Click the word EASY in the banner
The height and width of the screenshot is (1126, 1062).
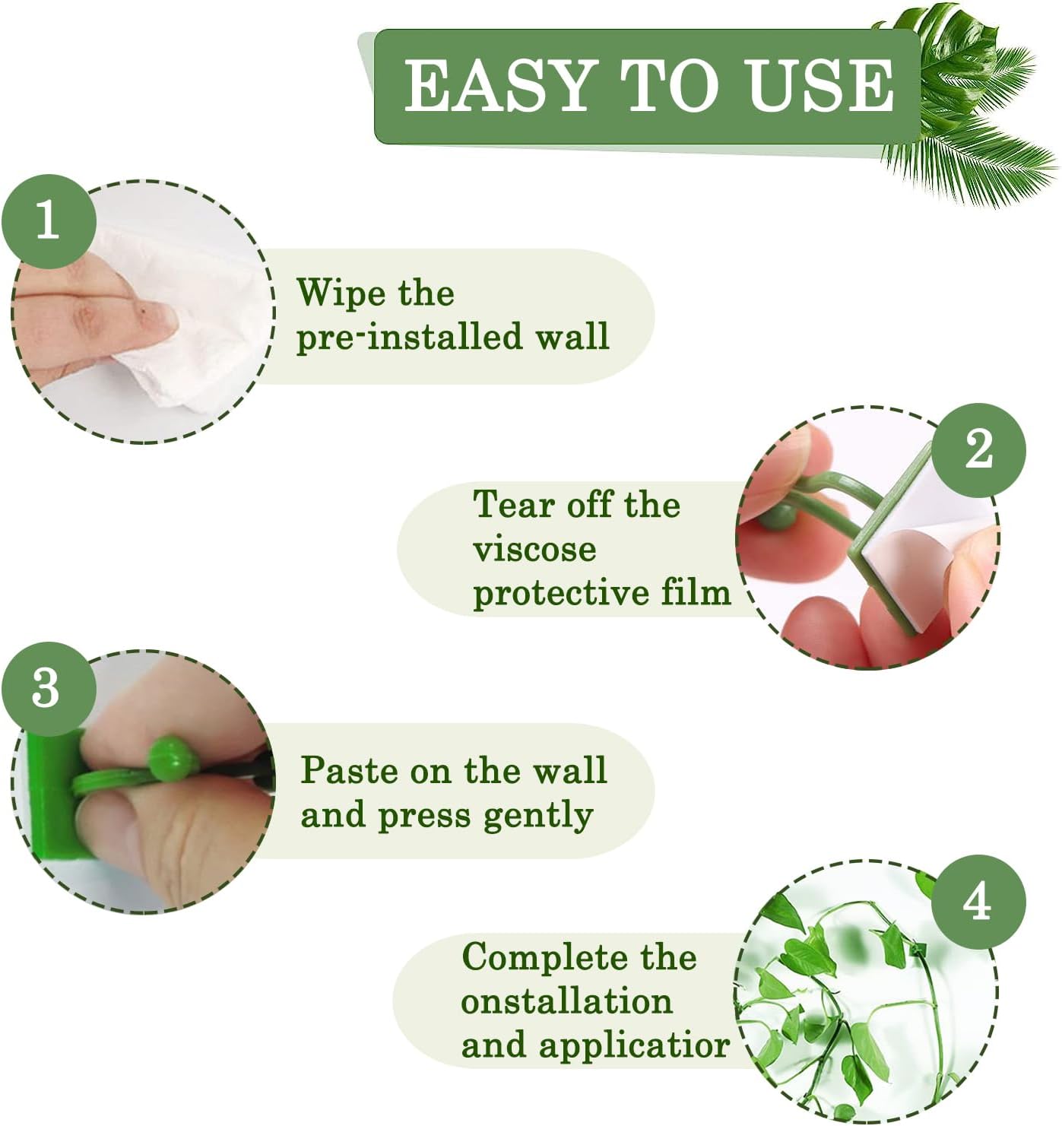[x=498, y=85]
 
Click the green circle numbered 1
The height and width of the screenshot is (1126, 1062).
[x=48, y=220]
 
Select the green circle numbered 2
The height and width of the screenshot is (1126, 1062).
[x=978, y=449]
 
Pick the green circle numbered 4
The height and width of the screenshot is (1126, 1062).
[x=978, y=902]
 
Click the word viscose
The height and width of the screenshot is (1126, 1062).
[x=534, y=549]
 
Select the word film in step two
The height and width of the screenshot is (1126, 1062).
[x=695, y=592]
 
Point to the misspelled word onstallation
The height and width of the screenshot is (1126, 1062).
[x=566, y=1001]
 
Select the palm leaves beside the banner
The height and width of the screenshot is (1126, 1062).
[x=973, y=114]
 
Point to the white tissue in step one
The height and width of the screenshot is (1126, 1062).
[x=198, y=335]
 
